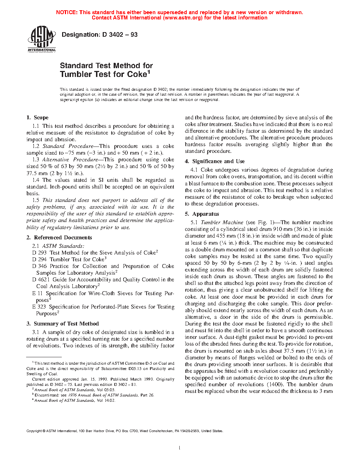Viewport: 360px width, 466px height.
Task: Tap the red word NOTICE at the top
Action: coord(67,12)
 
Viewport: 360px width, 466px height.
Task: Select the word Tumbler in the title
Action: coord(76,74)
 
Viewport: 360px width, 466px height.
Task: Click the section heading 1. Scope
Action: coord(37,118)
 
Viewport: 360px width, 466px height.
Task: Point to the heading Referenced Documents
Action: coord(63,238)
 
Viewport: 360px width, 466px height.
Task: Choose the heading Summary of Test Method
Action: coord(66,324)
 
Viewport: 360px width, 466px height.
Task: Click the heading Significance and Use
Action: coord(218,161)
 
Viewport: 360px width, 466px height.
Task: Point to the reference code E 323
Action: coord(39,307)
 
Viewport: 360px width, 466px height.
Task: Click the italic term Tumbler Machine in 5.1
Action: coord(222,222)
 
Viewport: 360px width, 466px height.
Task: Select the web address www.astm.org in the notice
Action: coord(182,18)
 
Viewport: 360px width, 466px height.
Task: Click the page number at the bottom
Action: coord(180,448)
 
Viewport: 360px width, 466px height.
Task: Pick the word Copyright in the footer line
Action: coord(34,431)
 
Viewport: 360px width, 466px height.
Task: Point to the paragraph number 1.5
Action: coord(36,200)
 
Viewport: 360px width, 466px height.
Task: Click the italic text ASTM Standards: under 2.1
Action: coord(63,246)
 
